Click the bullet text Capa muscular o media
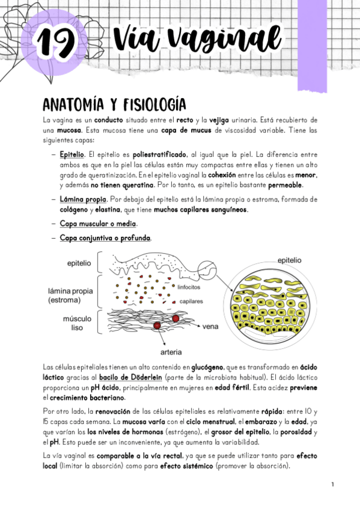click(x=98, y=224)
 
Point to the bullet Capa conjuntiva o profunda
click(x=105, y=238)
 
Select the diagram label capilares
click(x=191, y=301)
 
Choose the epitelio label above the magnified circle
click(x=290, y=260)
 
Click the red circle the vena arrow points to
click(x=175, y=318)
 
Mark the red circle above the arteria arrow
click(x=157, y=325)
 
